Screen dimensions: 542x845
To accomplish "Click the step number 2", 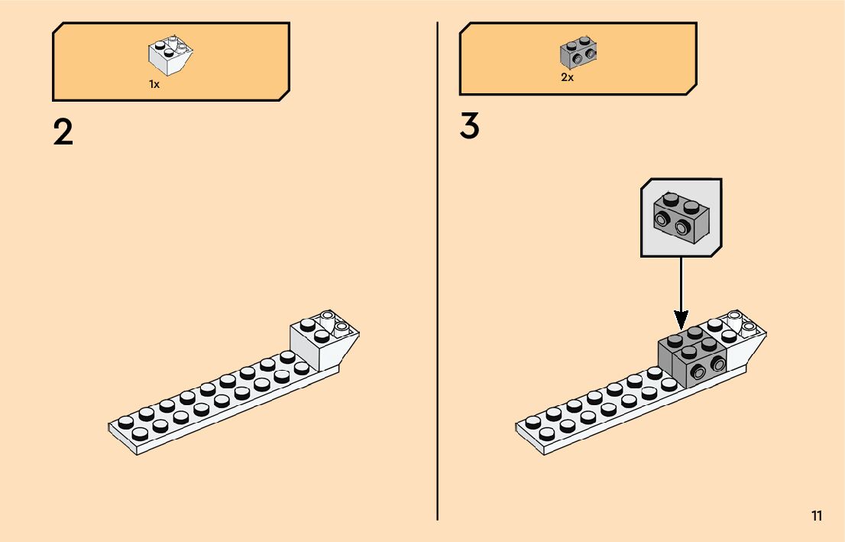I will (x=63, y=131).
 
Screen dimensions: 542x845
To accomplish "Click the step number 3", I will (x=469, y=126).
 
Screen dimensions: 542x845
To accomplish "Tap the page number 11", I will (x=817, y=516).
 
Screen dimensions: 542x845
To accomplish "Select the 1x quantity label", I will (x=154, y=85).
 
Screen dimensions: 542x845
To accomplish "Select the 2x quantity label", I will (x=567, y=78).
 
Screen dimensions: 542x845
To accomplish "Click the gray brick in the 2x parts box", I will (x=578, y=51).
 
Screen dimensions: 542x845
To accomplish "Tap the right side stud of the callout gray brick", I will (x=682, y=227).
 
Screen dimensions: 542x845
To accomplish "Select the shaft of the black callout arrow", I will (x=680, y=283).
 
